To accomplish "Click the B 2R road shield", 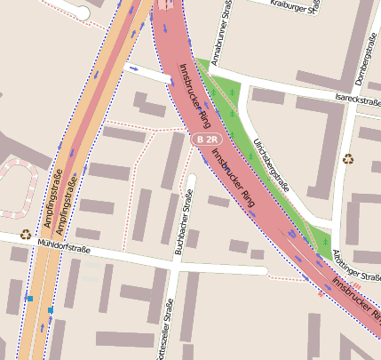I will coord(207,140).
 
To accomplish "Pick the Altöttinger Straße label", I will coord(357,264).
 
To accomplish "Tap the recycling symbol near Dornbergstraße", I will coord(347,159).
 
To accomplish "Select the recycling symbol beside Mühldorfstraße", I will coord(26,235).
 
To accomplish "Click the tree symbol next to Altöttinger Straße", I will coord(326,242).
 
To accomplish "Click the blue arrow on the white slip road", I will coord(134,68).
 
